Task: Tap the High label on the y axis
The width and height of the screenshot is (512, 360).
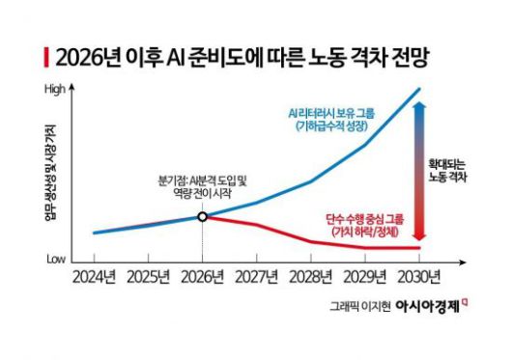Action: (x=56, y=90)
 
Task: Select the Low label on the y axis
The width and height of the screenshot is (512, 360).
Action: (x=56, y=259)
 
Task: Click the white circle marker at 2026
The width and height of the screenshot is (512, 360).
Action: (x=202, y=216)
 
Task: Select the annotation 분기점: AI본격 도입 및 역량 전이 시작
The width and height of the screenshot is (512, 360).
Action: (x=202, y=187)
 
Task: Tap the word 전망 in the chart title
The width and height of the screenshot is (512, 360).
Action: (x=405, y=57)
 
